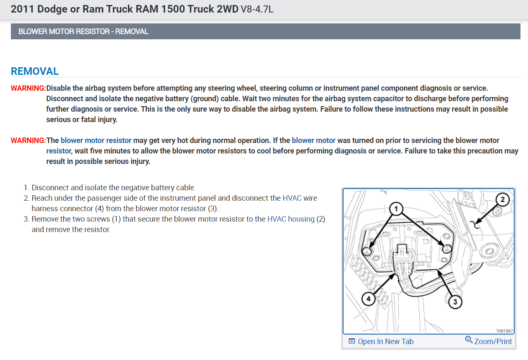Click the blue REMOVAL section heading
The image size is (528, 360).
coord(35,71)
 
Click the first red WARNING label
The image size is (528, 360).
coord(28,88)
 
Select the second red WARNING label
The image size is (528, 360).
coord(28,140)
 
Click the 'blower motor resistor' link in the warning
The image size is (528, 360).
coord(96,140)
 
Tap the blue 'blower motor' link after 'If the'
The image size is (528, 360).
coord(313,140)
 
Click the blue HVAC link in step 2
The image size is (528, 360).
coord(292,198)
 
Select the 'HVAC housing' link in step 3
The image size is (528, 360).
coord(290,219)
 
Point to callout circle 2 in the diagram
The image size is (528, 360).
coord(503,200)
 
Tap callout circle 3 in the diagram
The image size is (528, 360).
coord(455,301)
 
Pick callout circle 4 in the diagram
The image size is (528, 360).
coord(368,299)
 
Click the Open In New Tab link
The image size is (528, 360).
coord(385,342)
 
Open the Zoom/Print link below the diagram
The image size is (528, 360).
coord(493,342)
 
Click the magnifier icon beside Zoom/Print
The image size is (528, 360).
coord(469,340)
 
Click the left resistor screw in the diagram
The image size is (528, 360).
coord(367,251)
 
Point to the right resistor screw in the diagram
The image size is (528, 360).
coord(446,249)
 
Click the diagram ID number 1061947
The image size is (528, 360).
coord(504,331)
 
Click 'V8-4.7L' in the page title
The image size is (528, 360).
coord(257,9)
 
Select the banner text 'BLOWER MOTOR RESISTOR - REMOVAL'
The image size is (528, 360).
coord(83,31)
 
